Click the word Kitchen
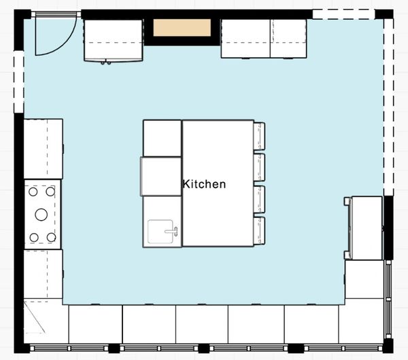click(204, 184)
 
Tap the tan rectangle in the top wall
click(182, 28)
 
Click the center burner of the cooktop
click(41, 215)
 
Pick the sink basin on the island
click(160, 232)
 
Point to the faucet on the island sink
click(172, 231)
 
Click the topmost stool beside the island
click(259, 137)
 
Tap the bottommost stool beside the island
click(259, 231)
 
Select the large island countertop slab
click(218, 183)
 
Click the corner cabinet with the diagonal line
click(46, 321)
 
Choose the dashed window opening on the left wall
click(18, 82)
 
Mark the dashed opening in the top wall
click(343, 14)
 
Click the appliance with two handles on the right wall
click(363, 228)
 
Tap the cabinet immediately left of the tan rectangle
click(113, 40)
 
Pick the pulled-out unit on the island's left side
click(160, 176)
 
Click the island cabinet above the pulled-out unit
click(162, 139)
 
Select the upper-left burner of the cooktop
click(33, 192)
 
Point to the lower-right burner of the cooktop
click(51, 237)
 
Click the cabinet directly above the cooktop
click(44, 149)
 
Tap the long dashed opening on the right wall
click(388, 107)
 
